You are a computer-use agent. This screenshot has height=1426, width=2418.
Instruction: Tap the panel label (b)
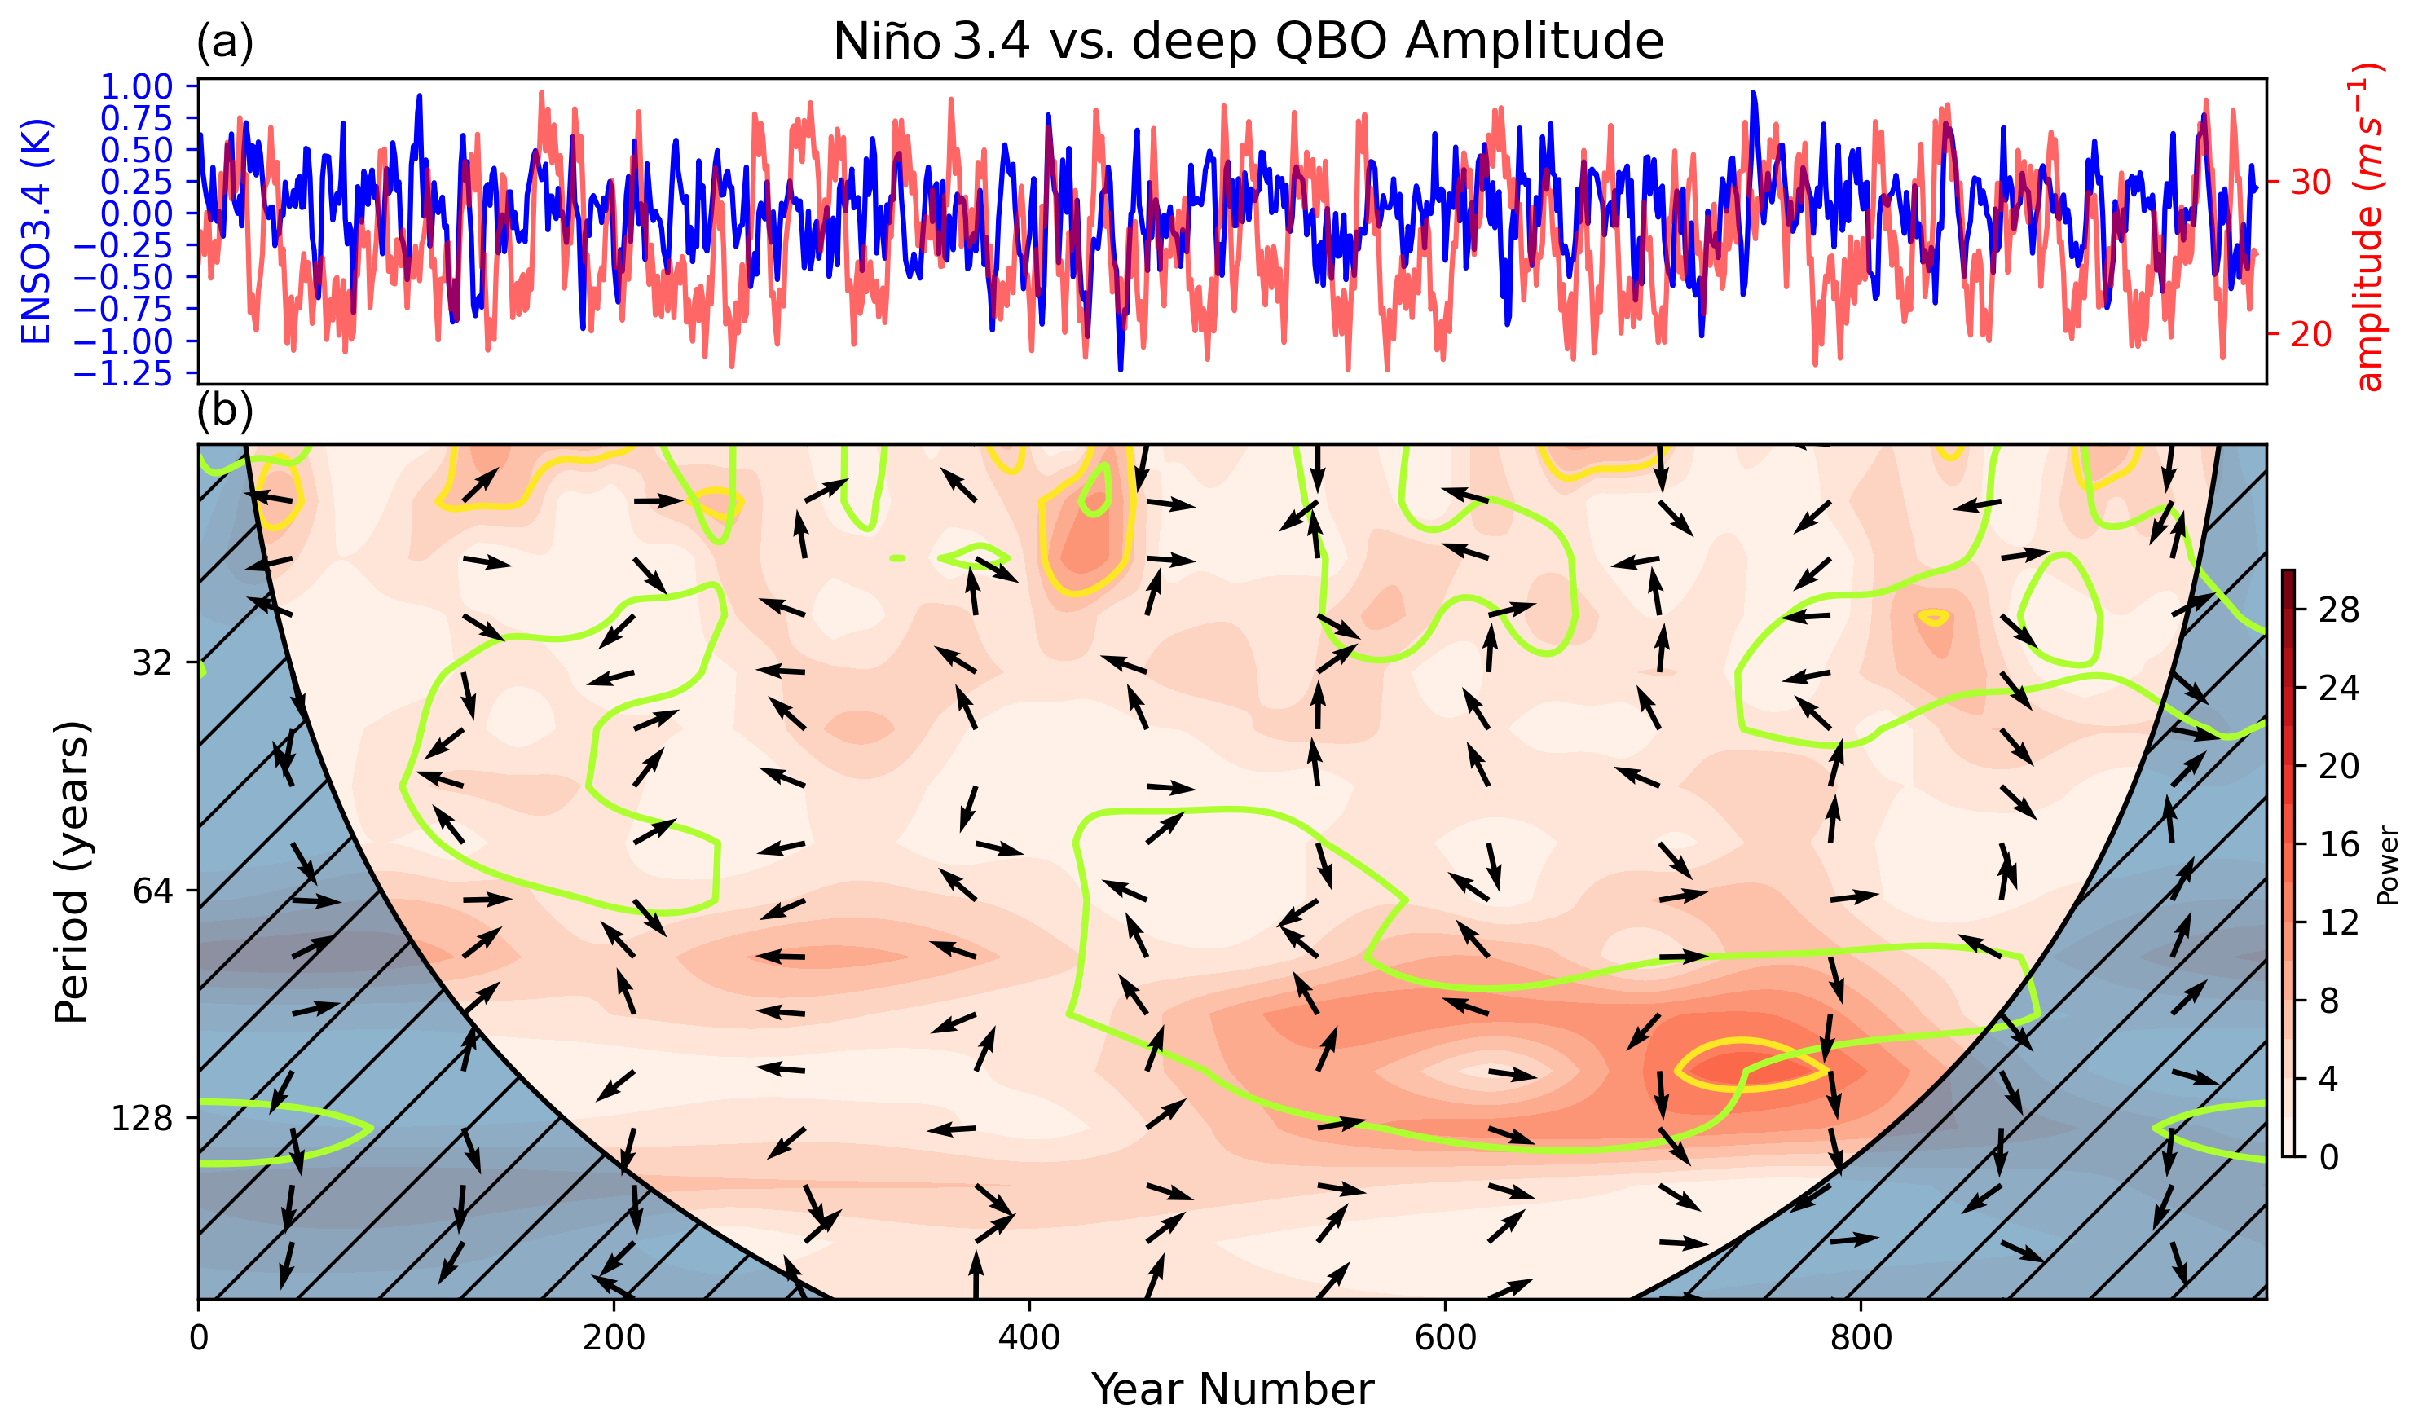(225, 411)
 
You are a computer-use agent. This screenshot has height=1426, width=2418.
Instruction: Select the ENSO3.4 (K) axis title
(37, 231)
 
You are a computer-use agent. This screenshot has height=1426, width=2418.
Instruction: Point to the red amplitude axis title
(2370, 227)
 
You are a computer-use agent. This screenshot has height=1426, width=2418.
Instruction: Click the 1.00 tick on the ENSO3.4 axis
(136, 86)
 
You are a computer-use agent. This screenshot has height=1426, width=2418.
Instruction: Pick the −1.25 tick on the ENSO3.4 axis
(123, 373)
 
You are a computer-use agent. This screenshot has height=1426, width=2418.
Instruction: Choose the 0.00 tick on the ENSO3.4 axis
(136, 213)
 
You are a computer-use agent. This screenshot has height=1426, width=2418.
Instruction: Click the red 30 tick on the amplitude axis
(2311, 181)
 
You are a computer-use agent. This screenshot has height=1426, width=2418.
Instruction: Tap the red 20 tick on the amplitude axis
(2311, 333)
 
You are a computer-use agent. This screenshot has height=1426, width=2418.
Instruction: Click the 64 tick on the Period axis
(152, 891)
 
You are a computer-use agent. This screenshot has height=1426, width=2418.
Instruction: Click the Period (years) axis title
(72, 872)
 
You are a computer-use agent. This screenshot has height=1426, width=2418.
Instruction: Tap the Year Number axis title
(1232, 1389)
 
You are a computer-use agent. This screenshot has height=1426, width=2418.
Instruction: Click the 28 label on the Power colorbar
(2337, 610)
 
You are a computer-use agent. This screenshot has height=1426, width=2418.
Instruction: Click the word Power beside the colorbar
(2387, 865)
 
